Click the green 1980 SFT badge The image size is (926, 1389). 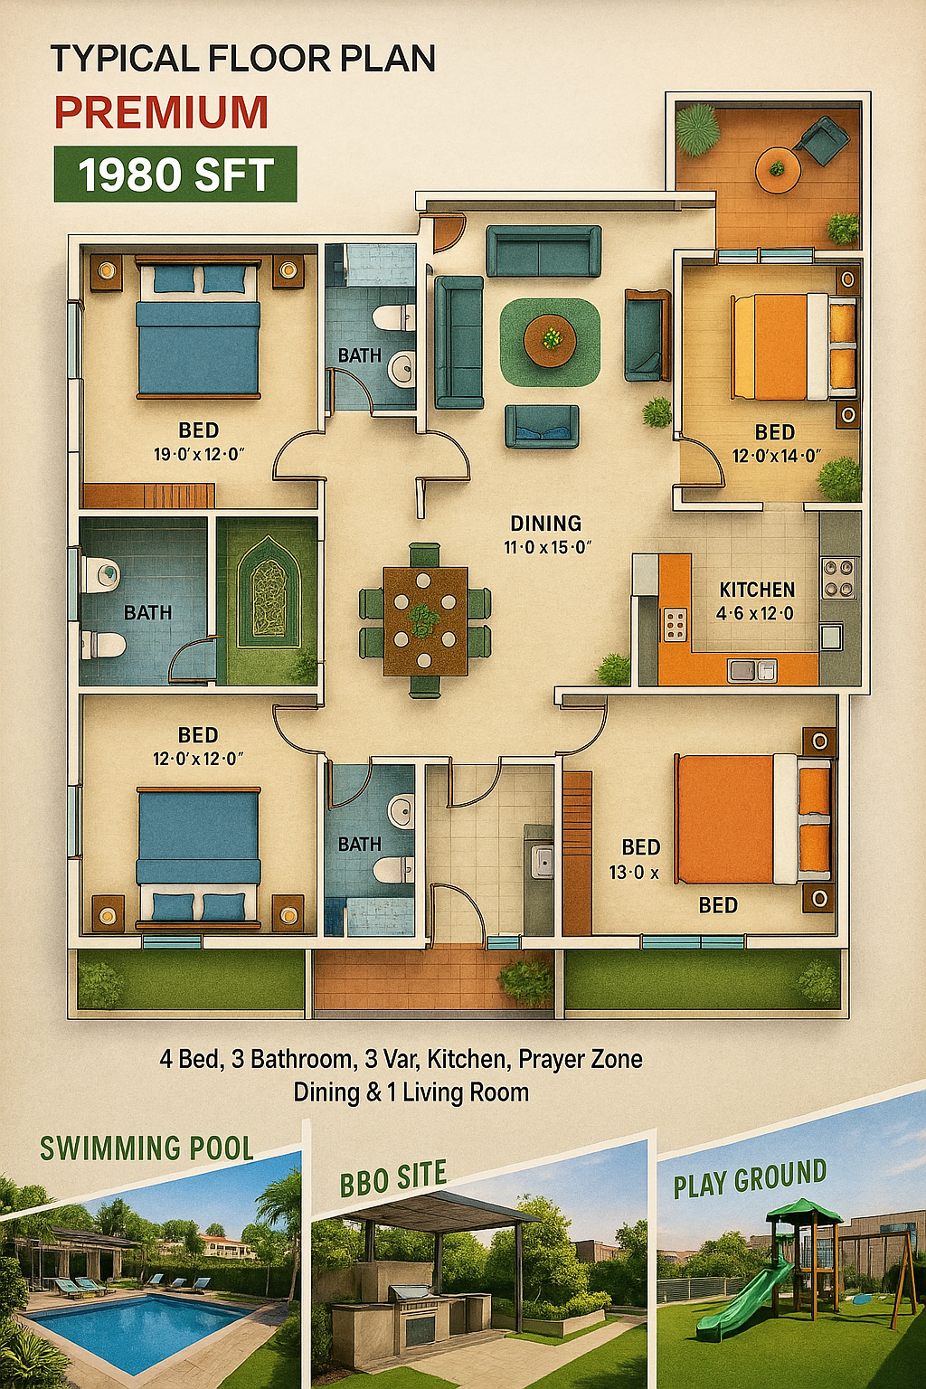pos(175,175)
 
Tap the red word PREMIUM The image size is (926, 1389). pos(161,112)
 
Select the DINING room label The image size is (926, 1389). pos(546,524)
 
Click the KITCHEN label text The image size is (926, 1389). pos(757,589)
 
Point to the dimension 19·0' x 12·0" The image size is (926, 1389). pos(199,455)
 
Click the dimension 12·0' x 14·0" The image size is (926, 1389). pos(777,457)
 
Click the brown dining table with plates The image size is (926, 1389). pos(425,620)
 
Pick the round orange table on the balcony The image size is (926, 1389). pos(777,170)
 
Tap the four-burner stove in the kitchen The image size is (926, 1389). pos(839,578)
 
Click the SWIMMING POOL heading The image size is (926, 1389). pos(147,1148)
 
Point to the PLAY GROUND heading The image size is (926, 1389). pos(750,1178)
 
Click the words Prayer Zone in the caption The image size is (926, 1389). pos(581,1059)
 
